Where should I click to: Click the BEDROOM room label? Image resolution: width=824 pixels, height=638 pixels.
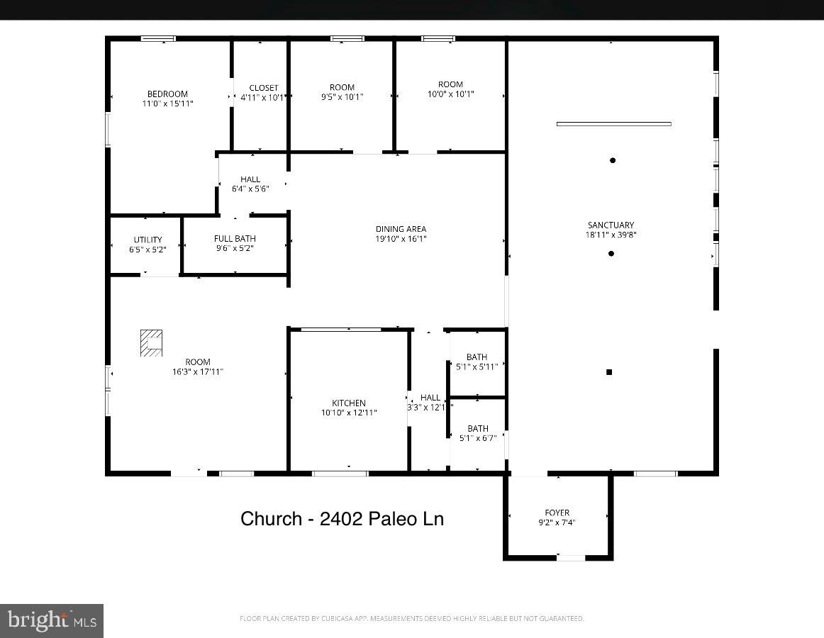point(167,94)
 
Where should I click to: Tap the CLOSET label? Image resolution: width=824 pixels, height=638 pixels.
point(264,88)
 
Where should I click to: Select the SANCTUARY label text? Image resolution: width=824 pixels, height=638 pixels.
point(611,225)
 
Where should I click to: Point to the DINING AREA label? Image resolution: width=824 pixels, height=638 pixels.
point(401,229)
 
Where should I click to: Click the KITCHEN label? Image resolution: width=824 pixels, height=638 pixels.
point(349,403)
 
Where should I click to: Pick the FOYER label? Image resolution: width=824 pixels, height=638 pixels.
point(557,513)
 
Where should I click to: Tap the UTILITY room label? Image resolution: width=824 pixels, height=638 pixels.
point(147,240)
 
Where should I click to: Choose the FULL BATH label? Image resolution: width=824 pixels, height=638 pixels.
point(235,239)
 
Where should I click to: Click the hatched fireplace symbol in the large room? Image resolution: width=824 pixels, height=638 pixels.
point(151,342)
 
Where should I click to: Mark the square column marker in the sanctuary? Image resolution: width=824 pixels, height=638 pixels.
point(609,372)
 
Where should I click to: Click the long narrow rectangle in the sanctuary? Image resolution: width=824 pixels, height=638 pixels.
point(614,124)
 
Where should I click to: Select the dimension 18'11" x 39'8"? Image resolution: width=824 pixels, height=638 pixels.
point(611,235)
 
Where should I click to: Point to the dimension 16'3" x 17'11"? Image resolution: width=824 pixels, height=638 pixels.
point(198,371)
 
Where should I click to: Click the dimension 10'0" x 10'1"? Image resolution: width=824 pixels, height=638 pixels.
point(451,94)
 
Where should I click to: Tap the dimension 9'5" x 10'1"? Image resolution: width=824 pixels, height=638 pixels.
point(342,97)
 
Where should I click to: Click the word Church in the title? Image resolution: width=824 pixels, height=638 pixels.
point(271,519)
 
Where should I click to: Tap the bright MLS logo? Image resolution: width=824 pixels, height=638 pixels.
point(52,620)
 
